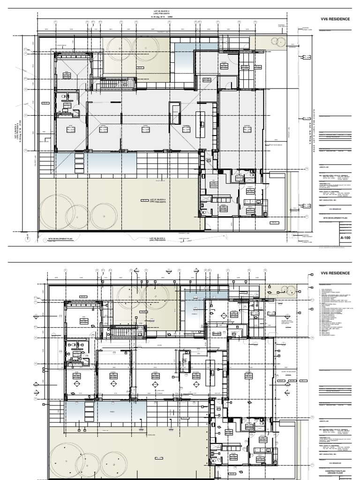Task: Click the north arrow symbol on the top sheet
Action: pos(28,238)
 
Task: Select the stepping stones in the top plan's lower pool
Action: pos(78,164)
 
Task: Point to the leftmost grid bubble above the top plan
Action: pos(55,22)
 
